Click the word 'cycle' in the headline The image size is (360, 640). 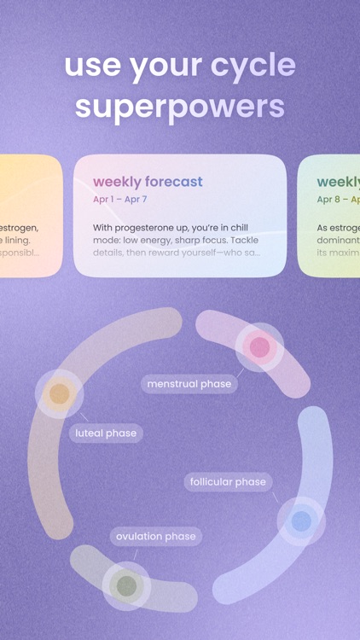253,66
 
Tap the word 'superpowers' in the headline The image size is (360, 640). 179,106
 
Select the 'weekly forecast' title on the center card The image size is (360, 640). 148,181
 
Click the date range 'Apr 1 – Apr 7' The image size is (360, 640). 120,200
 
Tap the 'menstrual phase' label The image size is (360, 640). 189,384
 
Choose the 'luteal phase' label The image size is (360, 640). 106,433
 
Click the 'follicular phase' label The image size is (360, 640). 227,482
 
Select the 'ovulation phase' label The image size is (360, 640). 156,537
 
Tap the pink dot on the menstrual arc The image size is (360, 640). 259,347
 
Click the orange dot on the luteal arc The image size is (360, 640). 59,393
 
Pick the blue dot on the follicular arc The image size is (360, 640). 301,521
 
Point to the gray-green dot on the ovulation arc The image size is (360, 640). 126,586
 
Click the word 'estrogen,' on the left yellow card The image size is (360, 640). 19,228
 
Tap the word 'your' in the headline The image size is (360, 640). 167,66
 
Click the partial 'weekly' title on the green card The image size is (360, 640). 338,181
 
